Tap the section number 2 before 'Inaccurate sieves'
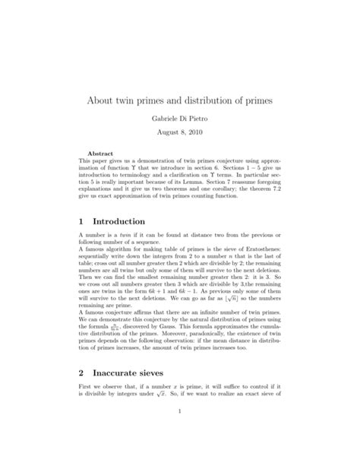(81, 374)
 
